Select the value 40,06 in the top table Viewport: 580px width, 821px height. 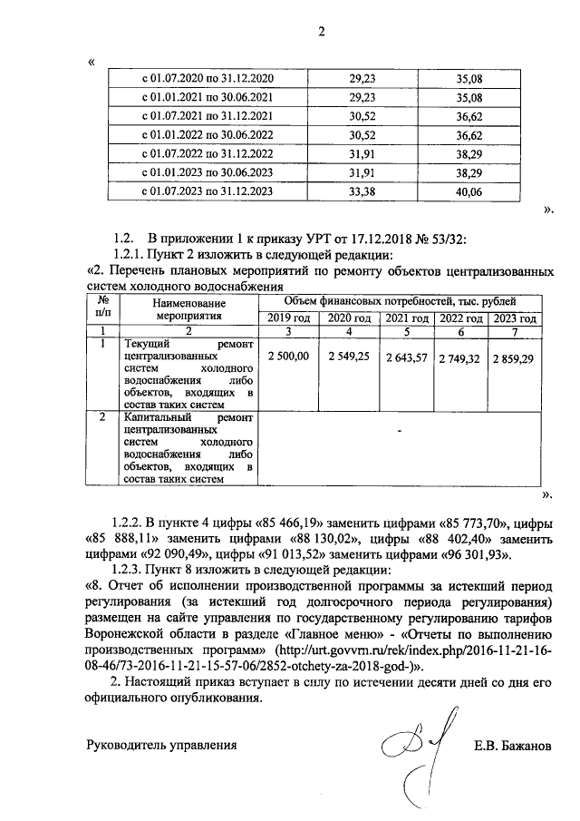pos(469,191)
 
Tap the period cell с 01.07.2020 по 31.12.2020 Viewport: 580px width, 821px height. pos(208,79)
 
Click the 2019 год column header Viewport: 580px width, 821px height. pos(289,318)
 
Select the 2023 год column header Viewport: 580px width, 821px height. pos(515,318)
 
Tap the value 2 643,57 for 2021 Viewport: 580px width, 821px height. pos(405,359)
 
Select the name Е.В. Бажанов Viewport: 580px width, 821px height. pos(511,747)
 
